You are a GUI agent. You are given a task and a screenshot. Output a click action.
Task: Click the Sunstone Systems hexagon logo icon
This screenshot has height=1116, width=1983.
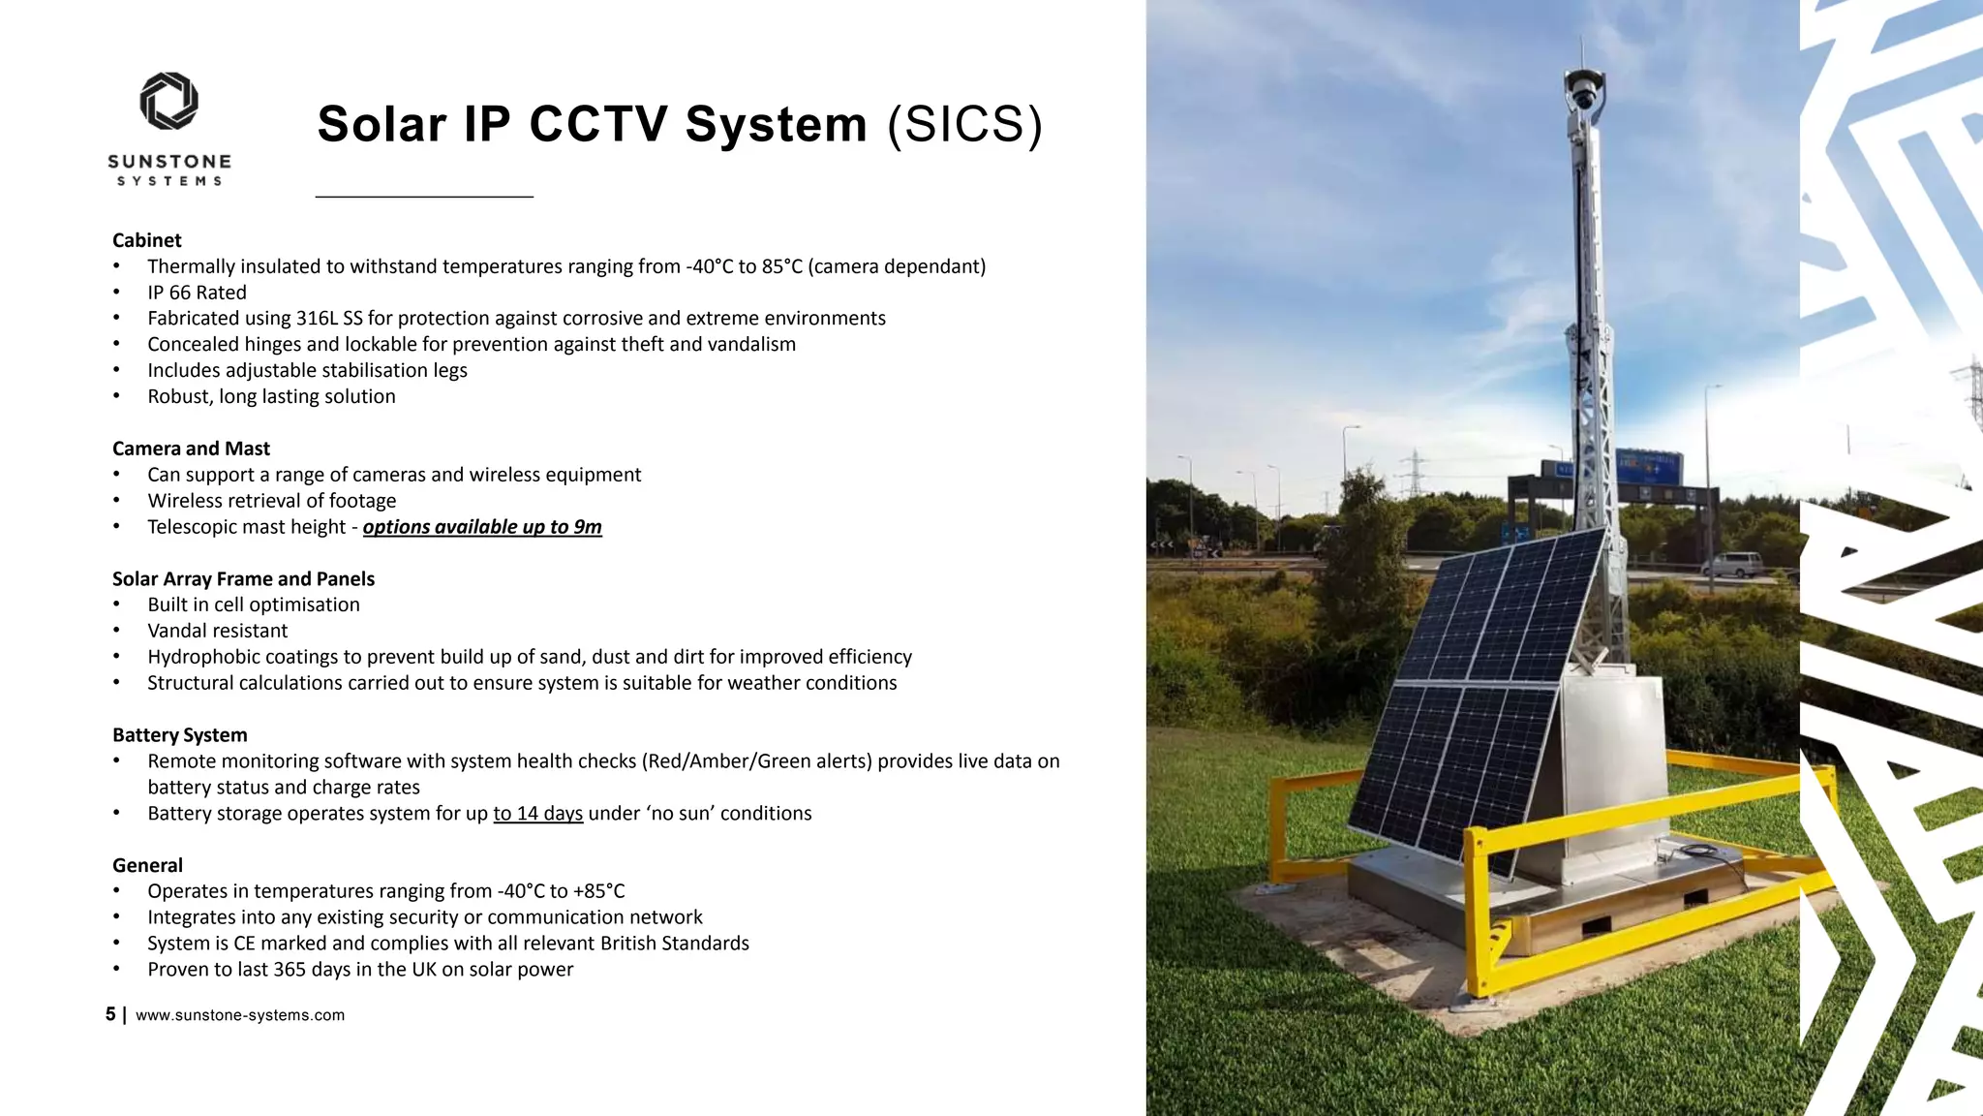(x=169, y=101)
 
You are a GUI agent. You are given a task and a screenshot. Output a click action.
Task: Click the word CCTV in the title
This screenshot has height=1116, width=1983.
(x=598, y=125)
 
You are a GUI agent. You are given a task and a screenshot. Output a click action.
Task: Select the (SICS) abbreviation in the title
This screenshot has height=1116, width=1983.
(x=965, y=125)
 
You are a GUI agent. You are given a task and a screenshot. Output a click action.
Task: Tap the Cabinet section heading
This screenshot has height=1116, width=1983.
(x=147, y=240)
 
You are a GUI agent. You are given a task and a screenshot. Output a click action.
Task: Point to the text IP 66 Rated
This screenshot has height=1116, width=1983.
(x=197, y=293)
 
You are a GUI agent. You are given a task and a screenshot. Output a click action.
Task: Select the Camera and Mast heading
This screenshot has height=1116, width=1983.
(x=191, y=449)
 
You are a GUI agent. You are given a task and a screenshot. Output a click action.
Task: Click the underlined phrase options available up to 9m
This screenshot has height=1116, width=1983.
(x=482, y=527)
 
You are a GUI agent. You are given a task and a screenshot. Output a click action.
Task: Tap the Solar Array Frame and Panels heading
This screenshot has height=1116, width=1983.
(x=243, y=579)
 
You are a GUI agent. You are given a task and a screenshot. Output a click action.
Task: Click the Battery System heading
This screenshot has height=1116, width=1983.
(x=180, y=735)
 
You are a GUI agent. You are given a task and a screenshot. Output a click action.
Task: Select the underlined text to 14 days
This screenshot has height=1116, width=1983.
(x=537, y=814)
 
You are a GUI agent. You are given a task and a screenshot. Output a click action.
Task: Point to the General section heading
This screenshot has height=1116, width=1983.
(x=147, y=865)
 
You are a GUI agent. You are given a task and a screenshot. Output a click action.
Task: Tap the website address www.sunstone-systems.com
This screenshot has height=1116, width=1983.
(x=240, y=1015)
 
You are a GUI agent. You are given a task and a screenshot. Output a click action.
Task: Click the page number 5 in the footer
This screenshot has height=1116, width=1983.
(x=110, y=1014)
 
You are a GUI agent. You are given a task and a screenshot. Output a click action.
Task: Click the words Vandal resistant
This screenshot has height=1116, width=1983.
(x=218, y=631)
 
